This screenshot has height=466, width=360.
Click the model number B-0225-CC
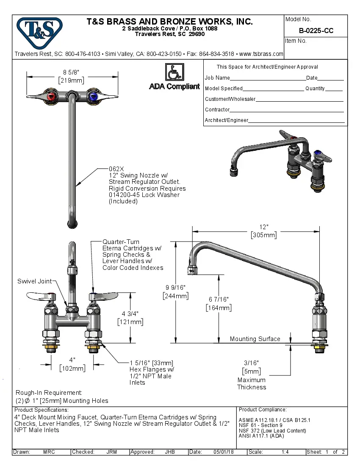coord(316,31)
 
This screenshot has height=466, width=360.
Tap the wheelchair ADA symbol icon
coord(174,72)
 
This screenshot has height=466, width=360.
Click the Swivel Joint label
coord(34,281)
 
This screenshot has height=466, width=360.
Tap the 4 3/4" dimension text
coord(130,314)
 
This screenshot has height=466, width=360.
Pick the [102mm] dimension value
coord(72,368)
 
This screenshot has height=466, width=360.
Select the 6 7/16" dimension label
coord(219,300)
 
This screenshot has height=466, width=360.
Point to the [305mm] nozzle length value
coord(264,235)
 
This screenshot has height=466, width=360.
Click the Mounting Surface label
coord(255,339)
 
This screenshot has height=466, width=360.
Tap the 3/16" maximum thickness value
coord(251,363)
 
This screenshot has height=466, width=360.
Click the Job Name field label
coord(217,78)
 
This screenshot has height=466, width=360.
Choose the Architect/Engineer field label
coord(227,120)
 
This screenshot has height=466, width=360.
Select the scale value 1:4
coord(285,452)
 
